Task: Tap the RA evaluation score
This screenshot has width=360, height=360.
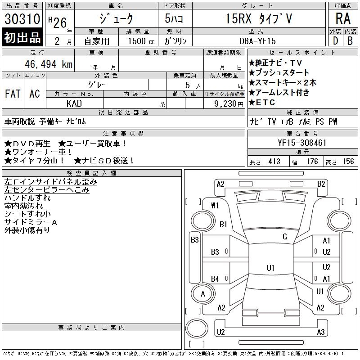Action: pyautogui.click(x=343, y=19)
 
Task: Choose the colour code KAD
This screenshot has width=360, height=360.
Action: pyautogui.click(x=74, y=103)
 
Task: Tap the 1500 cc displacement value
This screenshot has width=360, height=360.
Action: pyautogui.click(x=138, y=41)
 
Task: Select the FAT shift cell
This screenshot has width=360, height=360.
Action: pyautogui.click(x=13, y=94)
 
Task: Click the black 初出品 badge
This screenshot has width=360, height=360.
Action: pyautogui.click(x=22, y=37)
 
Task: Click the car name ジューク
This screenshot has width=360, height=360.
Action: pyautogui.click(x=116, y=19)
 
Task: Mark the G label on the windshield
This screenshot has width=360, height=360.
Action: pyautogui.click(x=284, y=237)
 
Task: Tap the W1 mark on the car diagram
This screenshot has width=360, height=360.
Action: pyautogui.click(x=215, y=206)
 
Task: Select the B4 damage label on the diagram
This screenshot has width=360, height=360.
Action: pyautogui.click(x=215, y=279)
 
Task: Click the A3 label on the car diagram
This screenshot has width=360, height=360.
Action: pyautogui.click(x=320, y=332)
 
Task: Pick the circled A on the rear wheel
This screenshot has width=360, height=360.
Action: pyautogui.click(x=203, y=294)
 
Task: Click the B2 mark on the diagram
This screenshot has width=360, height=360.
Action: pyautogui.click(x=321, y=184)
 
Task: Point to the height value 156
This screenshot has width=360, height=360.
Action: pyautogui.click(x=348, y=162)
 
